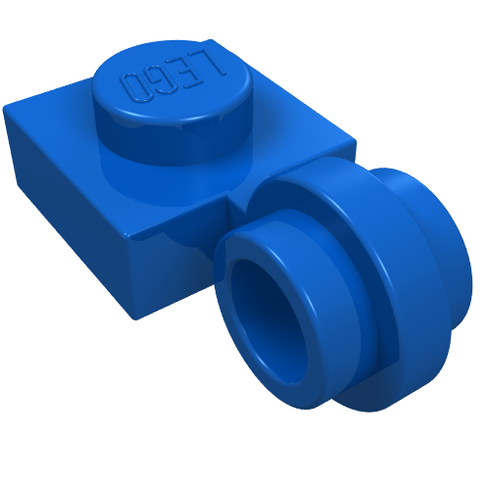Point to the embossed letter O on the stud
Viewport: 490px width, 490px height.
[133, 87]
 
